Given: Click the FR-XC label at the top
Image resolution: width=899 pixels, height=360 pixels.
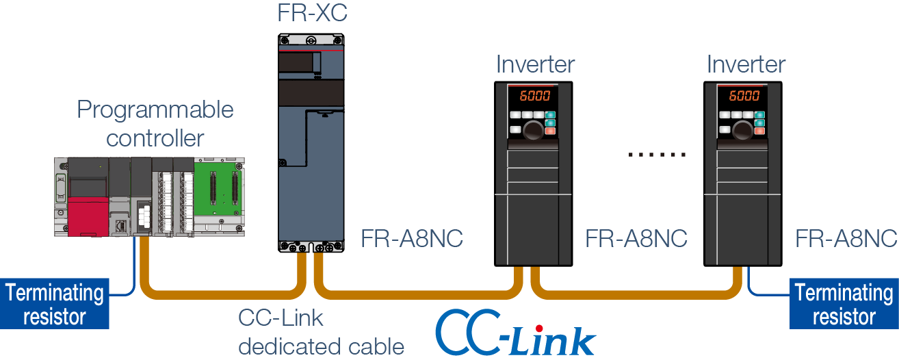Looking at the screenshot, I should click(x=312, y=13).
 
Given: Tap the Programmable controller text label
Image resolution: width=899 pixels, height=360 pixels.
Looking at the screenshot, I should click(x=155, y=123).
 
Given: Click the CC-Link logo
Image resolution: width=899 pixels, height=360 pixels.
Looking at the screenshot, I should click(x=516, y=333).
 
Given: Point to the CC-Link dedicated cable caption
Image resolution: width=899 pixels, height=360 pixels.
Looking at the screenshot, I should click(x=321, y=332).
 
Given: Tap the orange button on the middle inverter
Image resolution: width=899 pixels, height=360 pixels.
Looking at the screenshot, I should click(x=551, y=131).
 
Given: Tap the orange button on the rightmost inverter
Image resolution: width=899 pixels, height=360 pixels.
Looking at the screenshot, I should click(x=760, y=131).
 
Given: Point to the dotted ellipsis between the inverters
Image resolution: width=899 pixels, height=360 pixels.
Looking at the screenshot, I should click(x=657, y=155).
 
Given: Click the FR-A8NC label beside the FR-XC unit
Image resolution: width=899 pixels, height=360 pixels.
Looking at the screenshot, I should click(x=412, y=239).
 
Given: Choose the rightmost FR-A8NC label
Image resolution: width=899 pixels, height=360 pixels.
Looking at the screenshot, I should click(x=846, y=239).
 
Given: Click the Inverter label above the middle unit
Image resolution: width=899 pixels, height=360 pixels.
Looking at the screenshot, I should click(x=535, y=64).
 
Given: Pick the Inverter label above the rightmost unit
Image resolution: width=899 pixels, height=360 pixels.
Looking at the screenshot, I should click(x=746, y=64).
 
